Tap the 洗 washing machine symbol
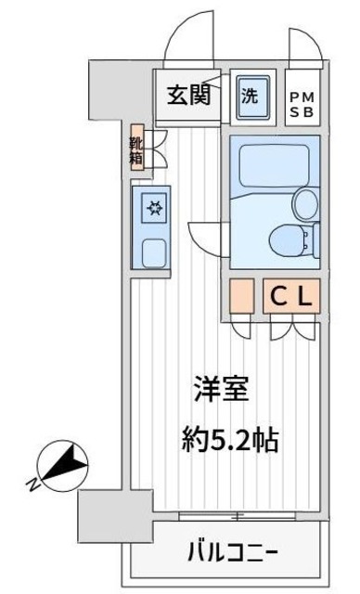(251, 95)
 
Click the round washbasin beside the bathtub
(303, 201)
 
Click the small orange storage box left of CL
(240, 295)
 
